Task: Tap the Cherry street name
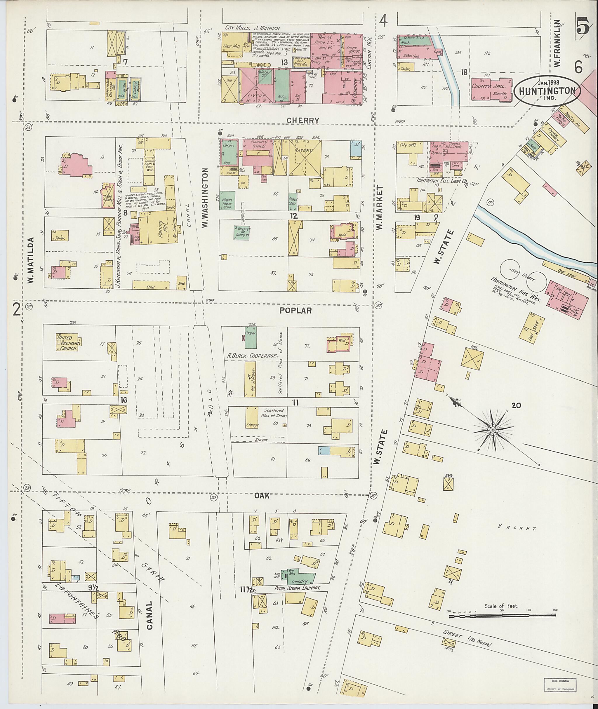coord(303,121)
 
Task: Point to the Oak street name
coord(262,496)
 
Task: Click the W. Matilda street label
coord(30,260)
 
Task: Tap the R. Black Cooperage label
coord(253,356)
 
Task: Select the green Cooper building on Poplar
coord(251,337)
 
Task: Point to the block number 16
coord(124,400)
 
